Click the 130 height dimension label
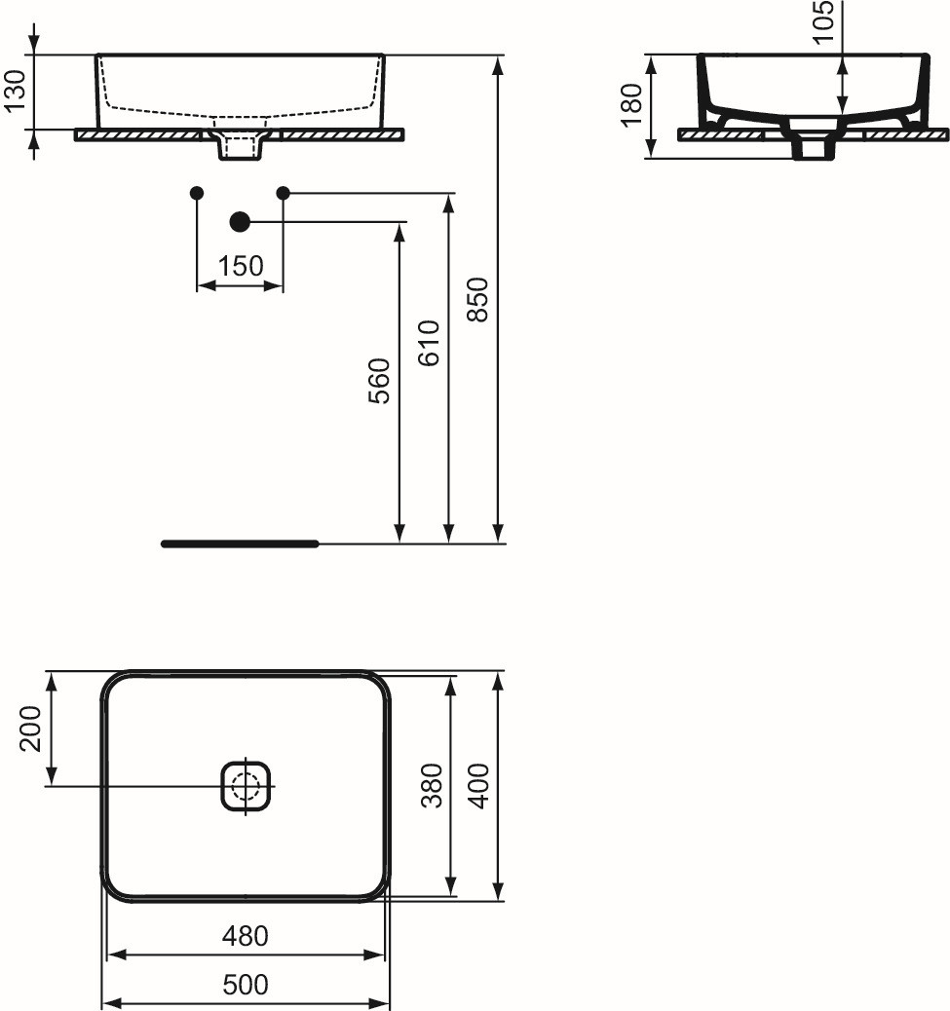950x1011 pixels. [x=15, y=91]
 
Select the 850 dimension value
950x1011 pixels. [x=477, y=300]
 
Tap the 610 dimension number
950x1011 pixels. [x=429, y=343]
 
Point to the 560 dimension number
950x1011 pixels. [x=379, y=381]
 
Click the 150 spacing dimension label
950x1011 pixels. [x=241, y=266]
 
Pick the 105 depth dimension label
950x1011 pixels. [x=823, y=21]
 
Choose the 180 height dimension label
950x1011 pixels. [x=632, y=105]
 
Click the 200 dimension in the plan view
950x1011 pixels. [x=30, y=729]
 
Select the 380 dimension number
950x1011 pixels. [x=432, y=785]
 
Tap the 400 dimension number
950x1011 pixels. [x=479, y=785]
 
